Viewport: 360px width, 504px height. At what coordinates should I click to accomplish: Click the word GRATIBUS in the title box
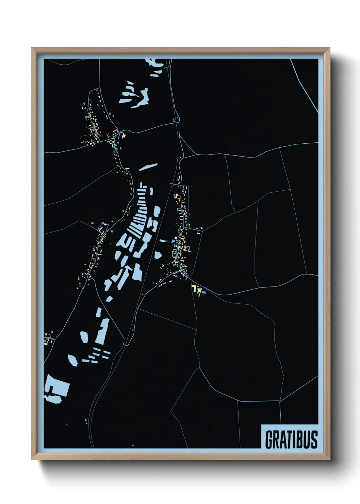tap(291, 439)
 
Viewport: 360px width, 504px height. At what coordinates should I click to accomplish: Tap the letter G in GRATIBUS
tap(269, 439)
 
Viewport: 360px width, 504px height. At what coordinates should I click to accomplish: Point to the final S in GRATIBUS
tap(313, 439)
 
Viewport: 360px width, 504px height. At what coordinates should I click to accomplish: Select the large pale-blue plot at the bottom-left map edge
tap(56, 388)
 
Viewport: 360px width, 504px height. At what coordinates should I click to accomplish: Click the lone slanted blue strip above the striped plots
tap(148, 167)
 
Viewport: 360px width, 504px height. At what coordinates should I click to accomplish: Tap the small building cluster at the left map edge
tap(48, 338)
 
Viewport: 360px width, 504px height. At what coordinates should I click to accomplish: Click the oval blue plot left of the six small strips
tap(72, 360)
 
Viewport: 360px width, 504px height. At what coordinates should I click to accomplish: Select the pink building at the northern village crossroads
tap(124, 135)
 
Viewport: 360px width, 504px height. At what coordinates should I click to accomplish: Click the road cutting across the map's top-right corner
tap(305, 85)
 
